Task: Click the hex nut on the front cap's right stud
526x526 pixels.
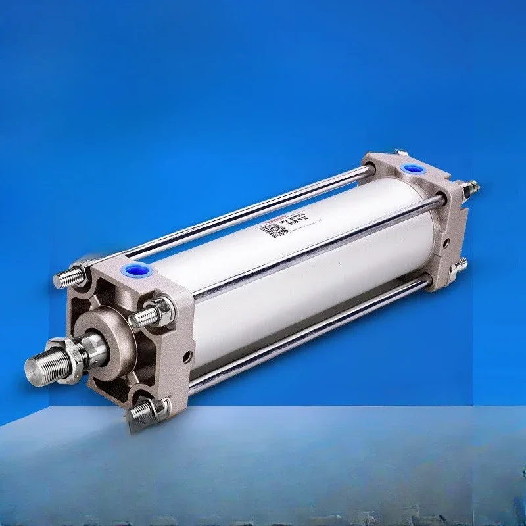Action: tap(161, 311)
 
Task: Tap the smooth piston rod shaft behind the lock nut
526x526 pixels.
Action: tap(95, 345)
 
